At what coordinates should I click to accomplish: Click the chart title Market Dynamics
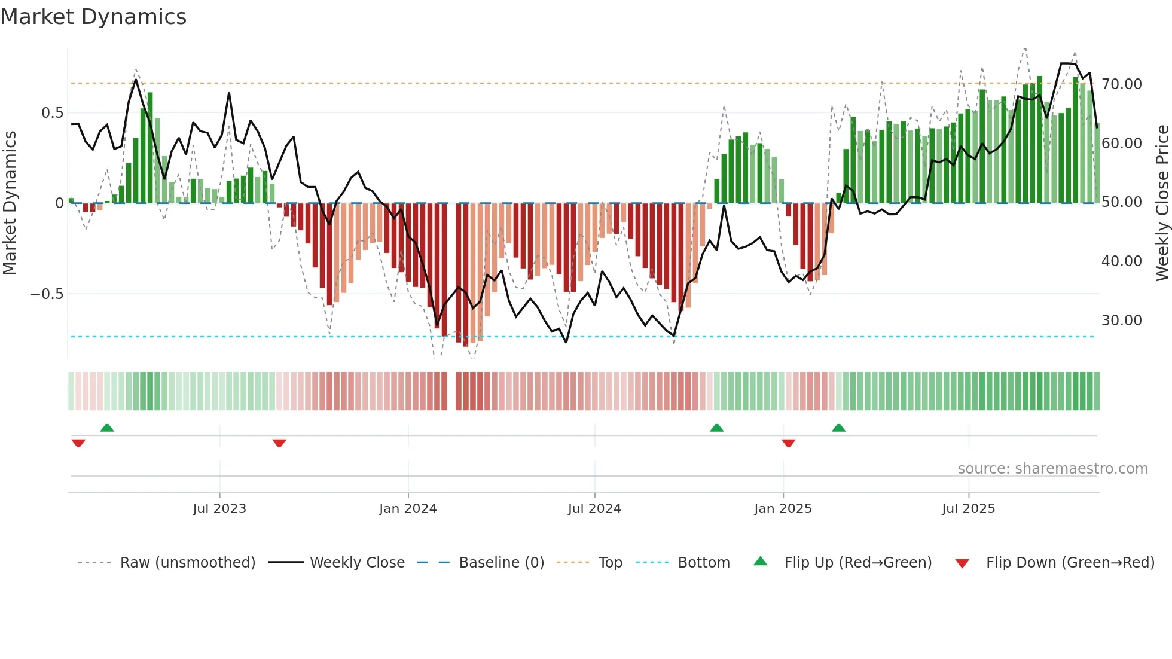(x=93, y=17)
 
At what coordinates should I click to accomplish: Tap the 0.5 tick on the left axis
(x=52, y=113)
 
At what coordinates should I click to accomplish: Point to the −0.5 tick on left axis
(x=47, y=294)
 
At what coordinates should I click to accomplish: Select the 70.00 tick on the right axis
(x=1121, y=84)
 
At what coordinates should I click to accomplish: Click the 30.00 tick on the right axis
(x=1121, y=321)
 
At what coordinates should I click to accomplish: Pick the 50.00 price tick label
(x=1121, y=202)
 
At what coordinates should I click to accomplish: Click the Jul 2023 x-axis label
(x=219, y=509)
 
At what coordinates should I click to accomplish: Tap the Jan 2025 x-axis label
(x=783, y=509)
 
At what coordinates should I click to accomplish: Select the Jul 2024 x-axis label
(x=594, y=509)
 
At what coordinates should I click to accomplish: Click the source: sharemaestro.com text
(x=1052, y=469)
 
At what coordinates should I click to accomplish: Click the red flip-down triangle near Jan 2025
(x=788, y=443)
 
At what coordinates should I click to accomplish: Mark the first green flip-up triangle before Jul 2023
(x=107, y=428)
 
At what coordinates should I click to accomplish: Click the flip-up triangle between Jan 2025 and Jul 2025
(x=838, y=428)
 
